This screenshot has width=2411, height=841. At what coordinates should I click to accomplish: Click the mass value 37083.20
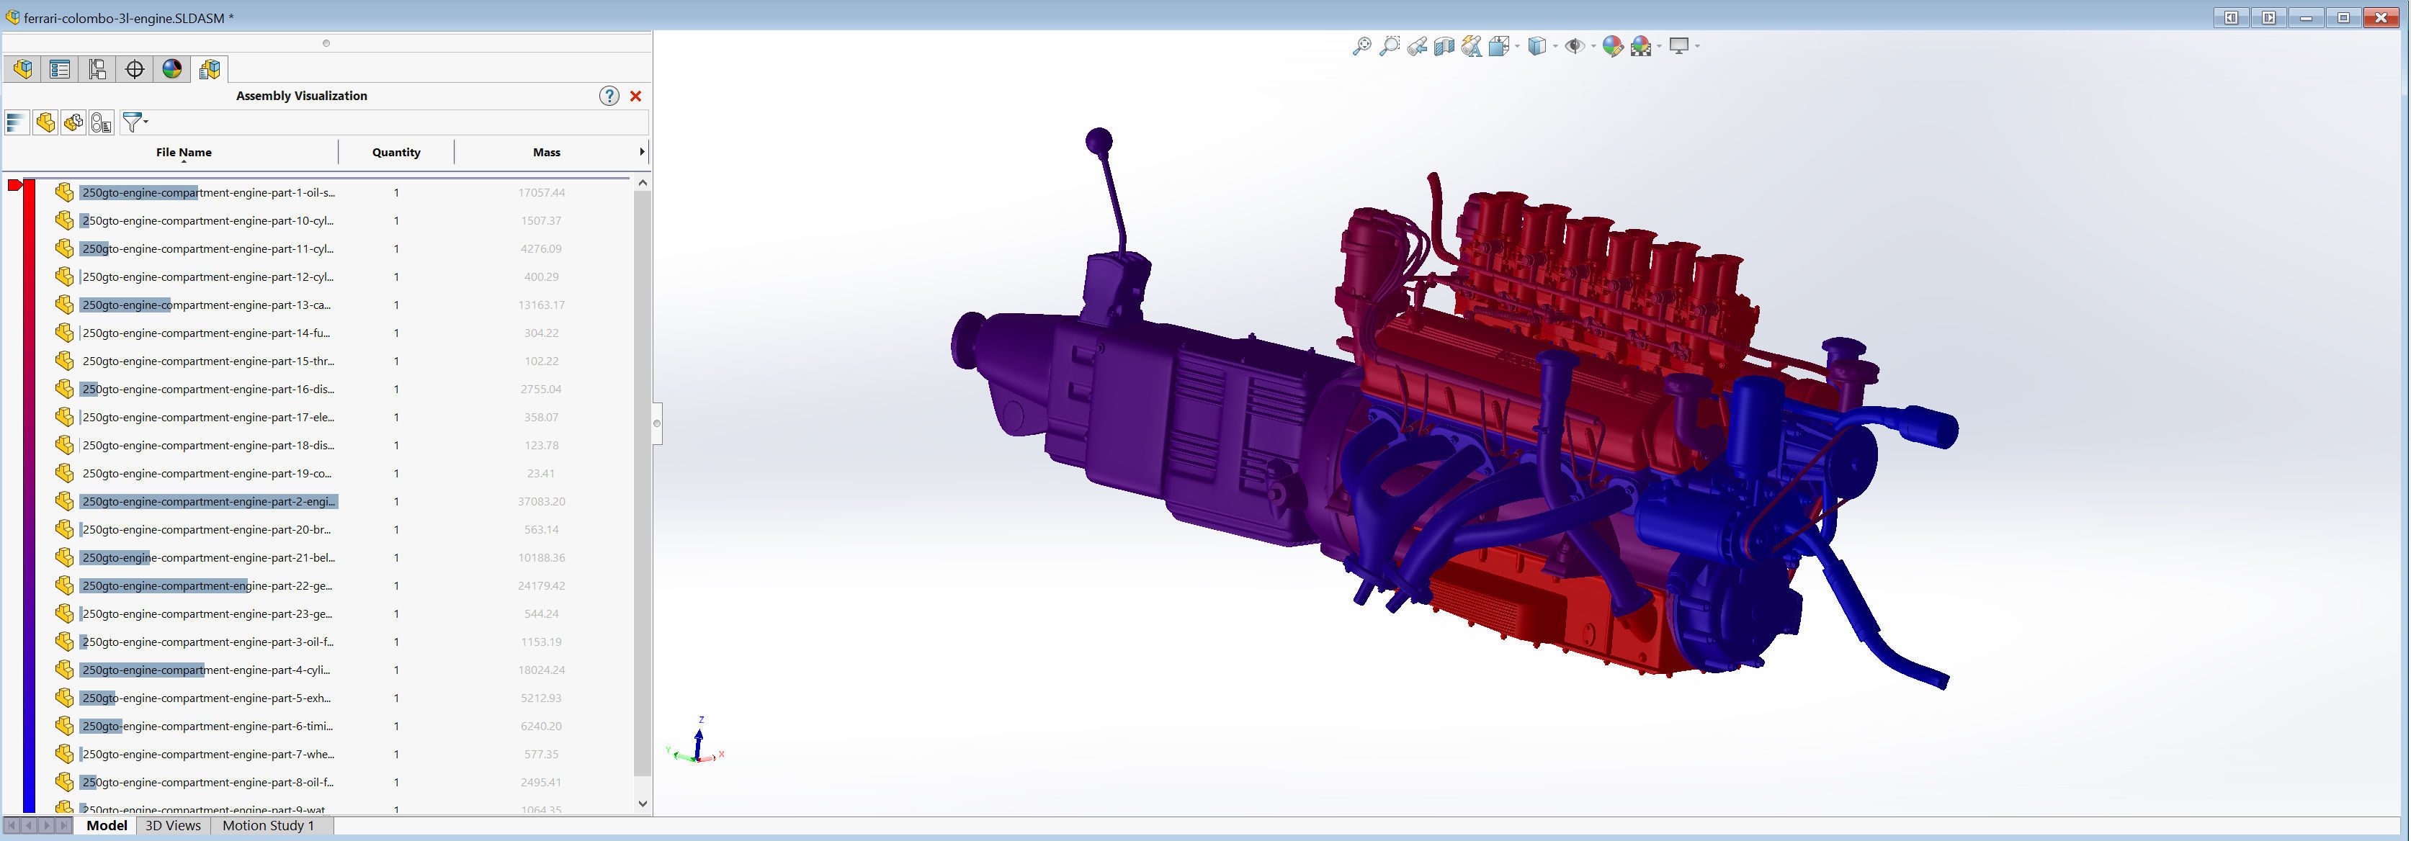click(x=541, y=501)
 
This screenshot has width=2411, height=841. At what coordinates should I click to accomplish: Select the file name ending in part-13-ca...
click(x=206, y=305)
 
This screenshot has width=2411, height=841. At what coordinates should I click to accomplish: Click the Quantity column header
click(x=396, y=153)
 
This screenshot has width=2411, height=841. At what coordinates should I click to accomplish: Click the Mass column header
click(x=547, y=153)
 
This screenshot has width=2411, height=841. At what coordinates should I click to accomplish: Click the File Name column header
click(x=184, y=153)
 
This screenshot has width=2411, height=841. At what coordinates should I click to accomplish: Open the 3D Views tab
click(x=173, y=825)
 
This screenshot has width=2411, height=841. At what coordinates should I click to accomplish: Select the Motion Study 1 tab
click(x=268, y=825)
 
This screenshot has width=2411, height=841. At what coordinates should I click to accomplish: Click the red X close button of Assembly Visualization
click(x=635, y=96)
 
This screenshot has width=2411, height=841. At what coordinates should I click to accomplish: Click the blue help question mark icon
click(x=609, y=96)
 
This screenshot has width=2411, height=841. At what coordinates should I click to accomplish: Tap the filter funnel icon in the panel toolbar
click(x=133, y=122)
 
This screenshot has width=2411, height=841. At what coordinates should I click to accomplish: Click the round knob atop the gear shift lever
click(x=1099, y=141)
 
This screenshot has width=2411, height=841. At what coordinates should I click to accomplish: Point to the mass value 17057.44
click(x=541, y=193)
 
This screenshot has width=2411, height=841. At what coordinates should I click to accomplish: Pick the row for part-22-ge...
click(x=206, y=585)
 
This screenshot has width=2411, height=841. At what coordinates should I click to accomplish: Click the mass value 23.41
click(x=540, y=473)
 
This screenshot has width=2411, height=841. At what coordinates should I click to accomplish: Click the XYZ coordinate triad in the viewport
click(x=697, y=743)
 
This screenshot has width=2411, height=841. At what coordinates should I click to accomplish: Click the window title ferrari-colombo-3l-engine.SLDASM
click(x=124, y=18)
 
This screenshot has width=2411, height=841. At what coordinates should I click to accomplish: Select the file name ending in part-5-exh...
click(x=206, y=698)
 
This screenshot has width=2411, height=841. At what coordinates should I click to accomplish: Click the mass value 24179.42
click(x=541, y=585)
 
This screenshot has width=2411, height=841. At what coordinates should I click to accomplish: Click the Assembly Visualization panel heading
click(x=301, y=96)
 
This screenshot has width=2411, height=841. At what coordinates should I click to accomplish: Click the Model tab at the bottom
click(x=107, y=825)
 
